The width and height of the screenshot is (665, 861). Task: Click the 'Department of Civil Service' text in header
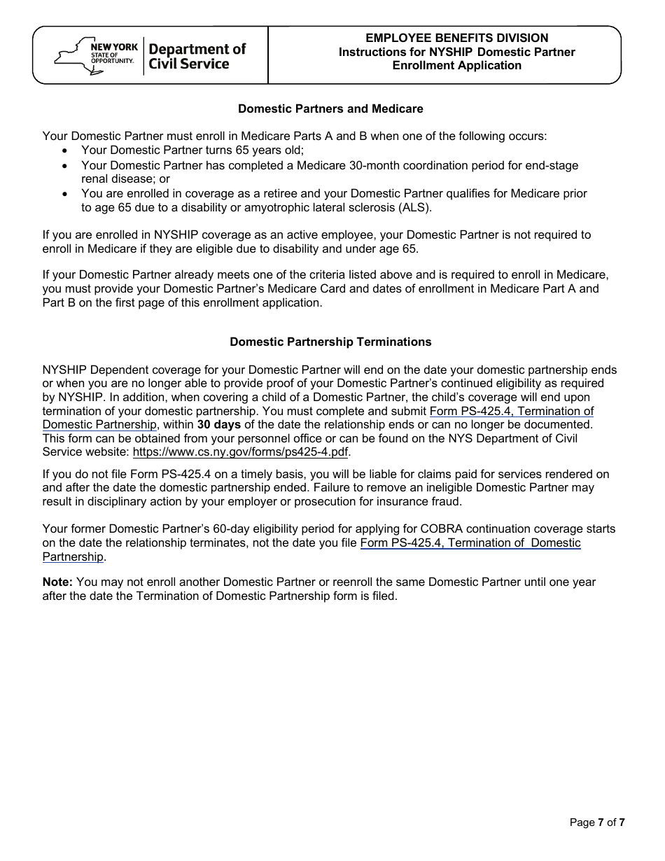[197, 57]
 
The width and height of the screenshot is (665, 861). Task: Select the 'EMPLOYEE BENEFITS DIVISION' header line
[456, 38]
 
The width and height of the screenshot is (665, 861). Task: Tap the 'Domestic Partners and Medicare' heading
[330, 108]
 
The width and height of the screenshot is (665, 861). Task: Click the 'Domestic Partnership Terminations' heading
[330, 342]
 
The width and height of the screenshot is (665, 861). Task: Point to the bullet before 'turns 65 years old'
[65, 150]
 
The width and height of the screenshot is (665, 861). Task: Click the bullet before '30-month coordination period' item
[65, 166]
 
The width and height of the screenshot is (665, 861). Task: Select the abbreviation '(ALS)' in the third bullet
[417, 207]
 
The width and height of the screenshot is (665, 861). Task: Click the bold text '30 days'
[218, 424]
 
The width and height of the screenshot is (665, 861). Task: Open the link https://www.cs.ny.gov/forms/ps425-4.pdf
[240, 451]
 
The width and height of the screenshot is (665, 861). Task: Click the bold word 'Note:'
[57, 582]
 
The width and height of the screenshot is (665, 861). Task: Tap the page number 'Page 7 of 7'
[596, 822]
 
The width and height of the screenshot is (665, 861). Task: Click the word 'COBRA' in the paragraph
[408, 528]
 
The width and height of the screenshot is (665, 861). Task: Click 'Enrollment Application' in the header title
[456, 65]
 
